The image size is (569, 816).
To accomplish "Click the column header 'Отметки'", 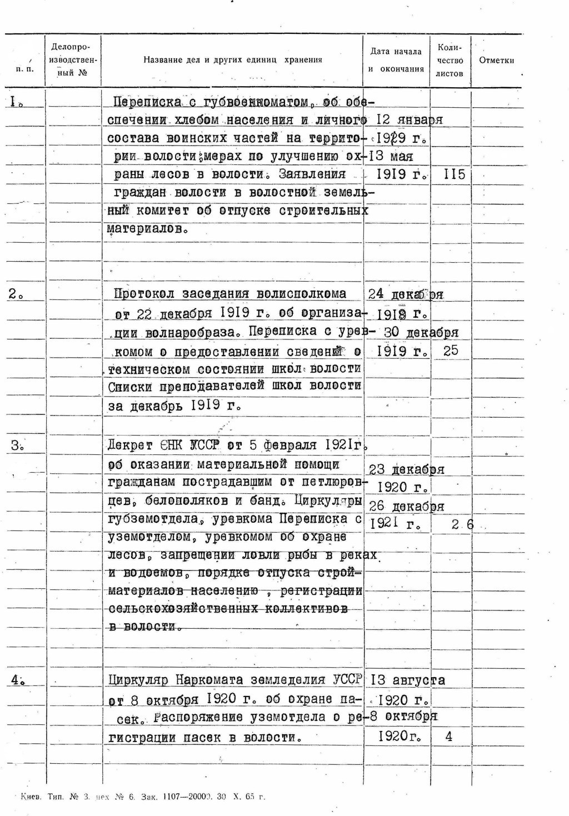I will pyautogui.click(x=496, y=61).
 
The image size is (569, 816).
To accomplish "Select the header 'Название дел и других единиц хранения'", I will pyautogui.click(x=233, y=60).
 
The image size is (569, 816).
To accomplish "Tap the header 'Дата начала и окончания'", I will pyautogui.click(x=396, y=61).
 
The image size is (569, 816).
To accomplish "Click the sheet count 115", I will pyautogui.click(x=455, y=174).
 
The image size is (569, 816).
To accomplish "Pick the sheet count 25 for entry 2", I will pyautogui.click(x=451, y=351).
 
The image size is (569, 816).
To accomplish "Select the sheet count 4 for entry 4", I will pyautogui.click(x=449, y=737).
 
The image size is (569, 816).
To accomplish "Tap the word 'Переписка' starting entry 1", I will pyautogui.click(x=147, y=102).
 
